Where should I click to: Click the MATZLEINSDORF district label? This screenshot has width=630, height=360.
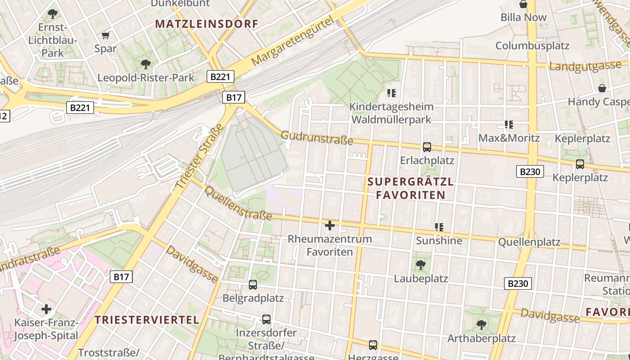tap(207, 24)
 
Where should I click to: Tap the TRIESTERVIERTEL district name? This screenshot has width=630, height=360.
tap(147, 320)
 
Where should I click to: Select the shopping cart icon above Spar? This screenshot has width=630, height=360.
tap(106, 35)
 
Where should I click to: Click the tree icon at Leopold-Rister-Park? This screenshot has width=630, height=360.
tap(145, 64)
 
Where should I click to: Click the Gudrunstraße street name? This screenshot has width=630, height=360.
tap(317, 138)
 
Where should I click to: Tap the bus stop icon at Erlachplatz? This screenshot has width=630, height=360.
tap(427, 147)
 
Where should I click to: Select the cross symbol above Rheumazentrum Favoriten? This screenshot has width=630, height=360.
tap(330, 225)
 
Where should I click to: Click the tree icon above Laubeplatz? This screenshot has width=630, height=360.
tap(421, 265)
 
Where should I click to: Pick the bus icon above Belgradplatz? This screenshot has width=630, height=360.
tap(253, 284)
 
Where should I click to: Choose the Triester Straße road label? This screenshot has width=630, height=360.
tap(199, 157)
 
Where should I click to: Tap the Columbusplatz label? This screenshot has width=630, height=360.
tap(532, 45)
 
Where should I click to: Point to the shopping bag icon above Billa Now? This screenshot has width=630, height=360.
tap(523, 4)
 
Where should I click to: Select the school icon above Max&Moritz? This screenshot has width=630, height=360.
tap(509, 124)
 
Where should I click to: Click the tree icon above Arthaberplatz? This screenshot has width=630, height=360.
tap(481, 324)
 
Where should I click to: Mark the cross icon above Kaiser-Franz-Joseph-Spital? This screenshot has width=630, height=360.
tap(46, 309)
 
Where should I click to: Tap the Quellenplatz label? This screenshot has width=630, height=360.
tap(529, 243)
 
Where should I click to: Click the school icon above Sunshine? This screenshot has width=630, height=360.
tap(439, 227)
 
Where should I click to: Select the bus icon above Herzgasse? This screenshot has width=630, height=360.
tap(373, 345)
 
